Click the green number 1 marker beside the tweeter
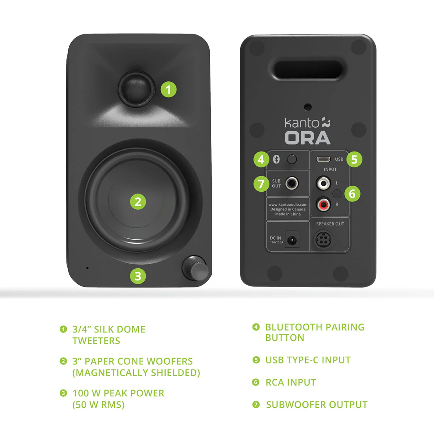click(169, 89)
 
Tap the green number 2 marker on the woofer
click(138, 202)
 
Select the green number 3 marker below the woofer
click(138, 276)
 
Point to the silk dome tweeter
click(136, 88)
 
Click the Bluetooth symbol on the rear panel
click(276, 159)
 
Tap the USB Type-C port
click(323, 159)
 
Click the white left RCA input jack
click(323, 183)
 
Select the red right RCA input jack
click(323, 205)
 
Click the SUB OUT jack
click(292, 183)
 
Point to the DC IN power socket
click(292, 239)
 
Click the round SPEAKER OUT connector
click(323, 239)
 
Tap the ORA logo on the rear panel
click(307, 138)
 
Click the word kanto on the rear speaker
click(302, 123)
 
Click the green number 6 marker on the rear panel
click(352, 194)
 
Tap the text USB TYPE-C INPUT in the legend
click(308, 360)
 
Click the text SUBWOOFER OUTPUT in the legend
click(316, 405)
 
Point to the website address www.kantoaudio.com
click(288, 205)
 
